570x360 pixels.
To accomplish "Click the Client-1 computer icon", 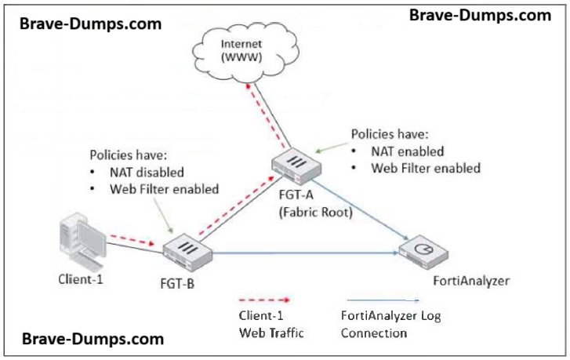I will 82,239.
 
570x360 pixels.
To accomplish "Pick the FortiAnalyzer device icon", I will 423,253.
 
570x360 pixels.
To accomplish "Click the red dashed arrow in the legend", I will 263,300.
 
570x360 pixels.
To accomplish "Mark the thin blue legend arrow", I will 379,300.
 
